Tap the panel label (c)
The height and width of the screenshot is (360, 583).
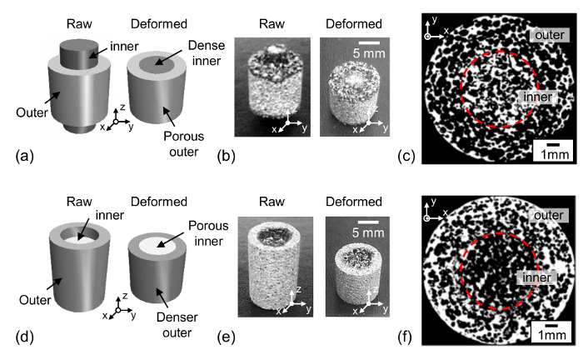coord(410,156)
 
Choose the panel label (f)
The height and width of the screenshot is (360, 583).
coord(409,337)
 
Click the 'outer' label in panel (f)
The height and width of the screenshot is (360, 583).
coord(545,214)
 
